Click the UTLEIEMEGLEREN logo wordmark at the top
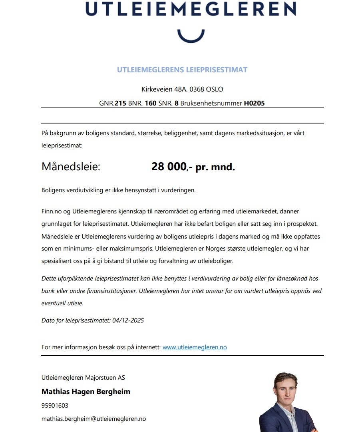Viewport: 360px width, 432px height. click(191, 8)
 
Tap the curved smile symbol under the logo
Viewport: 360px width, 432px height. click(191, 36)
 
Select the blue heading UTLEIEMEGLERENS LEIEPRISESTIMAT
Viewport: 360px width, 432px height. click(182, 70)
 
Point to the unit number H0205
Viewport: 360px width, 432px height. click(254, 103)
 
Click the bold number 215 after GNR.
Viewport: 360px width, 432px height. click(120, 103)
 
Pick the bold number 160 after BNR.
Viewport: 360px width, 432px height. click(150, 103)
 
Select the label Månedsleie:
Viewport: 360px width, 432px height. click(71, 167)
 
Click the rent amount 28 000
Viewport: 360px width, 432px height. click(169, 167)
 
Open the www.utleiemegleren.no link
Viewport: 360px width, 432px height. click(195, 347)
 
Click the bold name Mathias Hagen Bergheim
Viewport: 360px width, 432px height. click(86, 392)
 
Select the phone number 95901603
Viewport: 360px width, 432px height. click(55, 405)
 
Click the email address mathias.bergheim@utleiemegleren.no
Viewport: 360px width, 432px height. click(93, 419)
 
